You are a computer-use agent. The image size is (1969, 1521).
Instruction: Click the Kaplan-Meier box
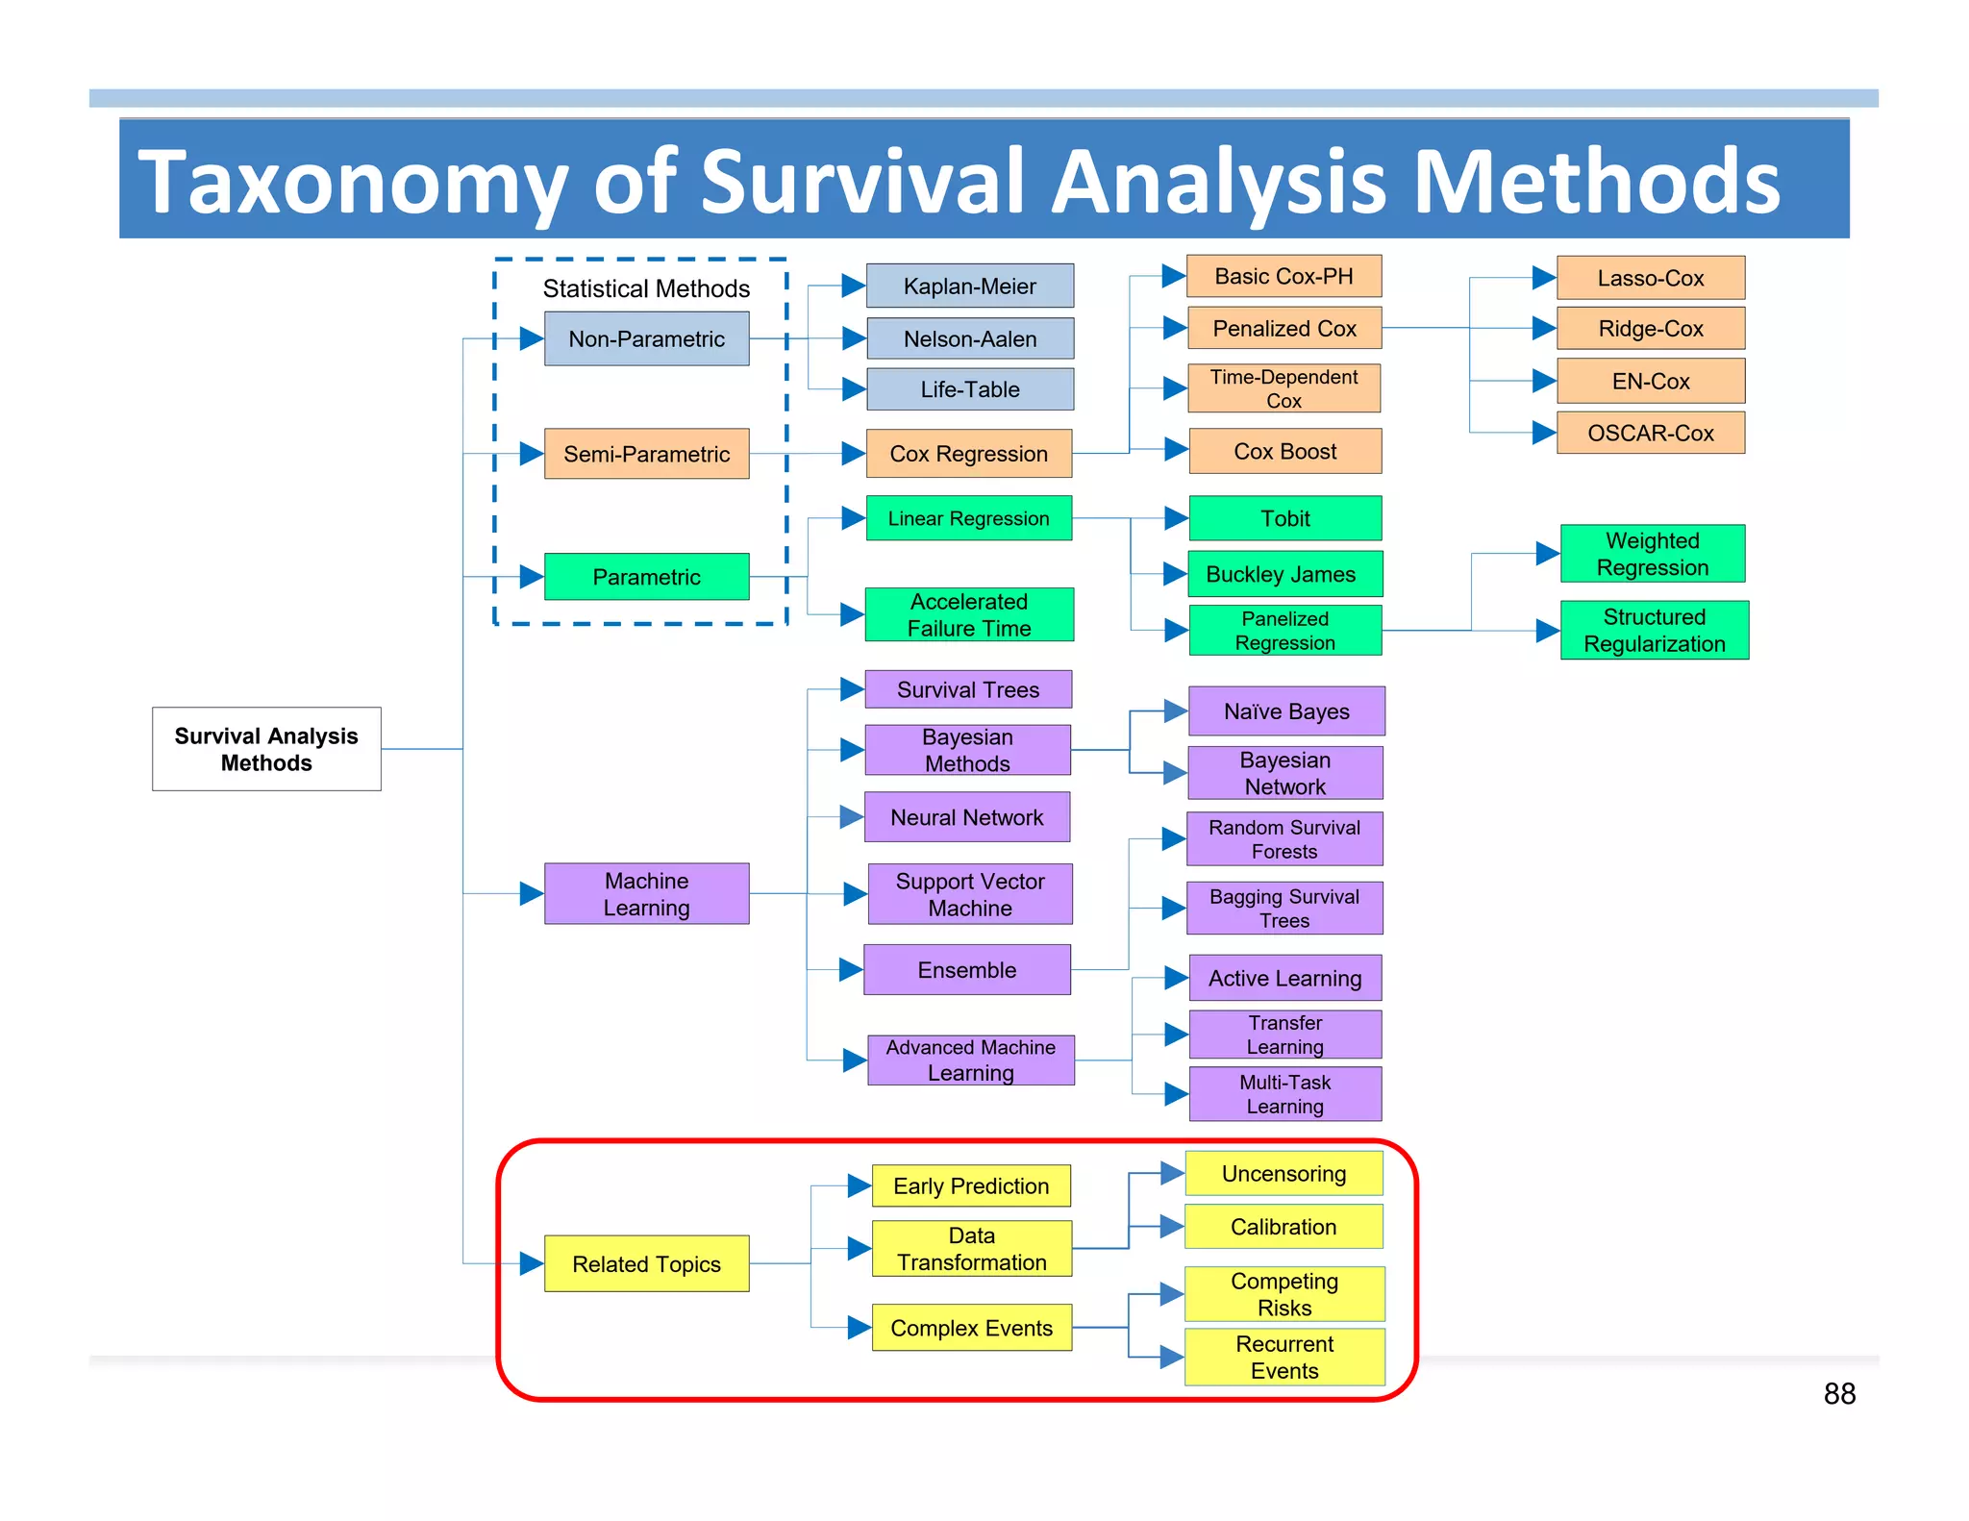[969, 287]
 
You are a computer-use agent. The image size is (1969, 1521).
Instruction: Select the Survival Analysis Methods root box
[266, 749]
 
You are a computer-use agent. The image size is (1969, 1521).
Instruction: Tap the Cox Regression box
[968, 454]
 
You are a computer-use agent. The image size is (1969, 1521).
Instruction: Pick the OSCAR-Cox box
[1650, 434]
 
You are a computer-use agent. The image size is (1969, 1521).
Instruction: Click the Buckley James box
[1284, 574]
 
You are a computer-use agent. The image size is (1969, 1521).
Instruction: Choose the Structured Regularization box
[1654, 631]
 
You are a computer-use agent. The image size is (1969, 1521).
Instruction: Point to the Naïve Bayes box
[1286, 711]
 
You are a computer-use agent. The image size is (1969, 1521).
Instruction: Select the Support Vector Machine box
[970, 894]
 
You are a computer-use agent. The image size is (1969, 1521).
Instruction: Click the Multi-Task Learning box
[1284, 1094]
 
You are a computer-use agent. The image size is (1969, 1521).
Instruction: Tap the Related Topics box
[646, 1263]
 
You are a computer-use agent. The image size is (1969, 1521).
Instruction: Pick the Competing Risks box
[1284, 1294]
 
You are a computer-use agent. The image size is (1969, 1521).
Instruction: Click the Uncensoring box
[1284, 1174]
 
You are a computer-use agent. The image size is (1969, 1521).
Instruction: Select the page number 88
[1838, 1394]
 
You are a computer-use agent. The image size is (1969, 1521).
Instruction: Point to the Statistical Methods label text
[646, 288]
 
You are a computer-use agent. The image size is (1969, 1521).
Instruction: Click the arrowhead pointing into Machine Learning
[532, 893]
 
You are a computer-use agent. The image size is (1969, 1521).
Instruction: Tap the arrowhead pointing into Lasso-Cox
[1543, 278]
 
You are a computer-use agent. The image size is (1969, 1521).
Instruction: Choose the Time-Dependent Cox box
[1284, 388]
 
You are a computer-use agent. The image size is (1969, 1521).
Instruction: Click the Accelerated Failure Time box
[968, 614]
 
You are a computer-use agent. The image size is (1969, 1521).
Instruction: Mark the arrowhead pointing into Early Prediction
[859, 1186]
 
